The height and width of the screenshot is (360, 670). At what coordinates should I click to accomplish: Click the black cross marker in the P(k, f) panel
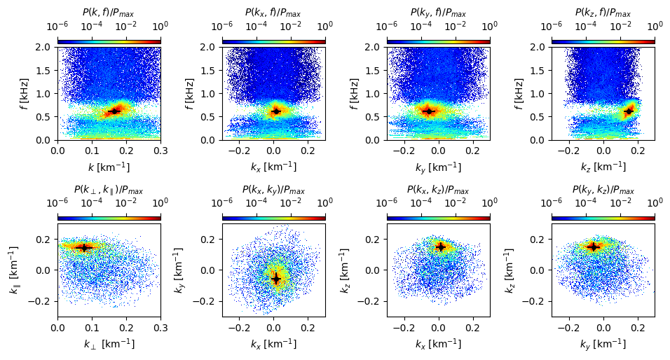[114, 111]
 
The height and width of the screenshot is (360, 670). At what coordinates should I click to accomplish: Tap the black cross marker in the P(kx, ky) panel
[276, 279]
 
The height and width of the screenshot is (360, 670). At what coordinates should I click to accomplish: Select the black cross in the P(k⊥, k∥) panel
[84, 247]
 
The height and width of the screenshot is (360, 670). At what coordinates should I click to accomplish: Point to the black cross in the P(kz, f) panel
[628, 111]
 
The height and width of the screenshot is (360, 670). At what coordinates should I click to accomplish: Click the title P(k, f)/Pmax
[108, 13]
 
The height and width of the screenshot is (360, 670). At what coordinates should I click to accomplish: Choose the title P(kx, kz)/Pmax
[438, 190]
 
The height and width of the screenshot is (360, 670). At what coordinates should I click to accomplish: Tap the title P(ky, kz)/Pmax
[603, 190]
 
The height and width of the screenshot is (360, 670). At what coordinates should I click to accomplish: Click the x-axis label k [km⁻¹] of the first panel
[109, 167]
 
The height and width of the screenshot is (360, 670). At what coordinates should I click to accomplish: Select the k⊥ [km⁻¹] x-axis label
[109, 344]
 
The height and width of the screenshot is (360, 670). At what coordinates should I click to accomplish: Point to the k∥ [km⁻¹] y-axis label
[14, 270]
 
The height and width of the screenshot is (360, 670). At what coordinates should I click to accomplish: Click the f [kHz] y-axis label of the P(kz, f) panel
[519, 94]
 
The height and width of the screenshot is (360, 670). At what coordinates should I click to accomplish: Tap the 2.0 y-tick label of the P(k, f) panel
[43, 47]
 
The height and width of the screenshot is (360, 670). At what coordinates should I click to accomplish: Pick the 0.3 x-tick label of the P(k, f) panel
[160, 151]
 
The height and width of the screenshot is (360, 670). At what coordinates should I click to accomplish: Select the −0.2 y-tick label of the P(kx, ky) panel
[205, 301]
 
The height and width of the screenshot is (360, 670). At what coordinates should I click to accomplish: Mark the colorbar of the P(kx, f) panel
[274, 41]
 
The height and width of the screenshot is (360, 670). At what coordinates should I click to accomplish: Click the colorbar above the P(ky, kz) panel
[603, 219]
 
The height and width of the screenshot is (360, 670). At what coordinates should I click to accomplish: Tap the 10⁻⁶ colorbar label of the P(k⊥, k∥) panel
[57, 202]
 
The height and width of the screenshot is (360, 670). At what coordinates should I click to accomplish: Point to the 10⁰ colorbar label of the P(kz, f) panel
[655, 26]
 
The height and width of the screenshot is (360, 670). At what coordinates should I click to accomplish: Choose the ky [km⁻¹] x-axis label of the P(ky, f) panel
[438, 167]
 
